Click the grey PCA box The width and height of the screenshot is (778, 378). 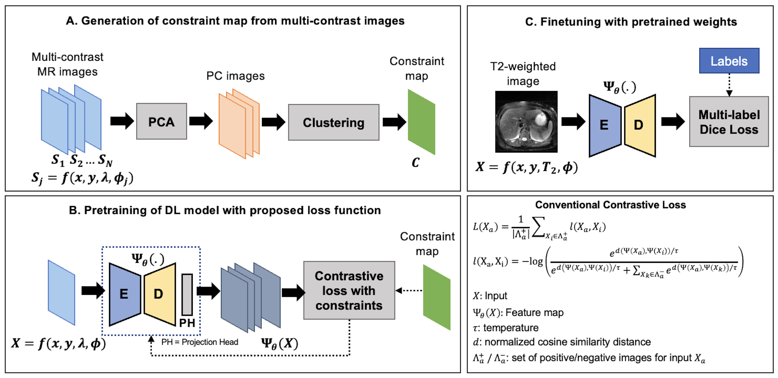point(161,121)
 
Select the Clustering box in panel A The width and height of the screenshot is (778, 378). point(333,122)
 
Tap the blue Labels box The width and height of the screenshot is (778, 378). point(729,61)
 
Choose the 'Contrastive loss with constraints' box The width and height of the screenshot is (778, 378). point(349,290)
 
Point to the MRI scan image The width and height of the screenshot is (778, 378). point(526,121)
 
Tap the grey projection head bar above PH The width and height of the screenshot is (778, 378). point(187,294)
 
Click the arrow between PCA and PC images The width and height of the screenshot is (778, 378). point(201,121)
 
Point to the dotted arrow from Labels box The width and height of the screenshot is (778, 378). point(729,85)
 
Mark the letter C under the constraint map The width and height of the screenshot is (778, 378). point(416,163)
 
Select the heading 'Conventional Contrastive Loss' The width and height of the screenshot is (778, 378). point(610,205)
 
